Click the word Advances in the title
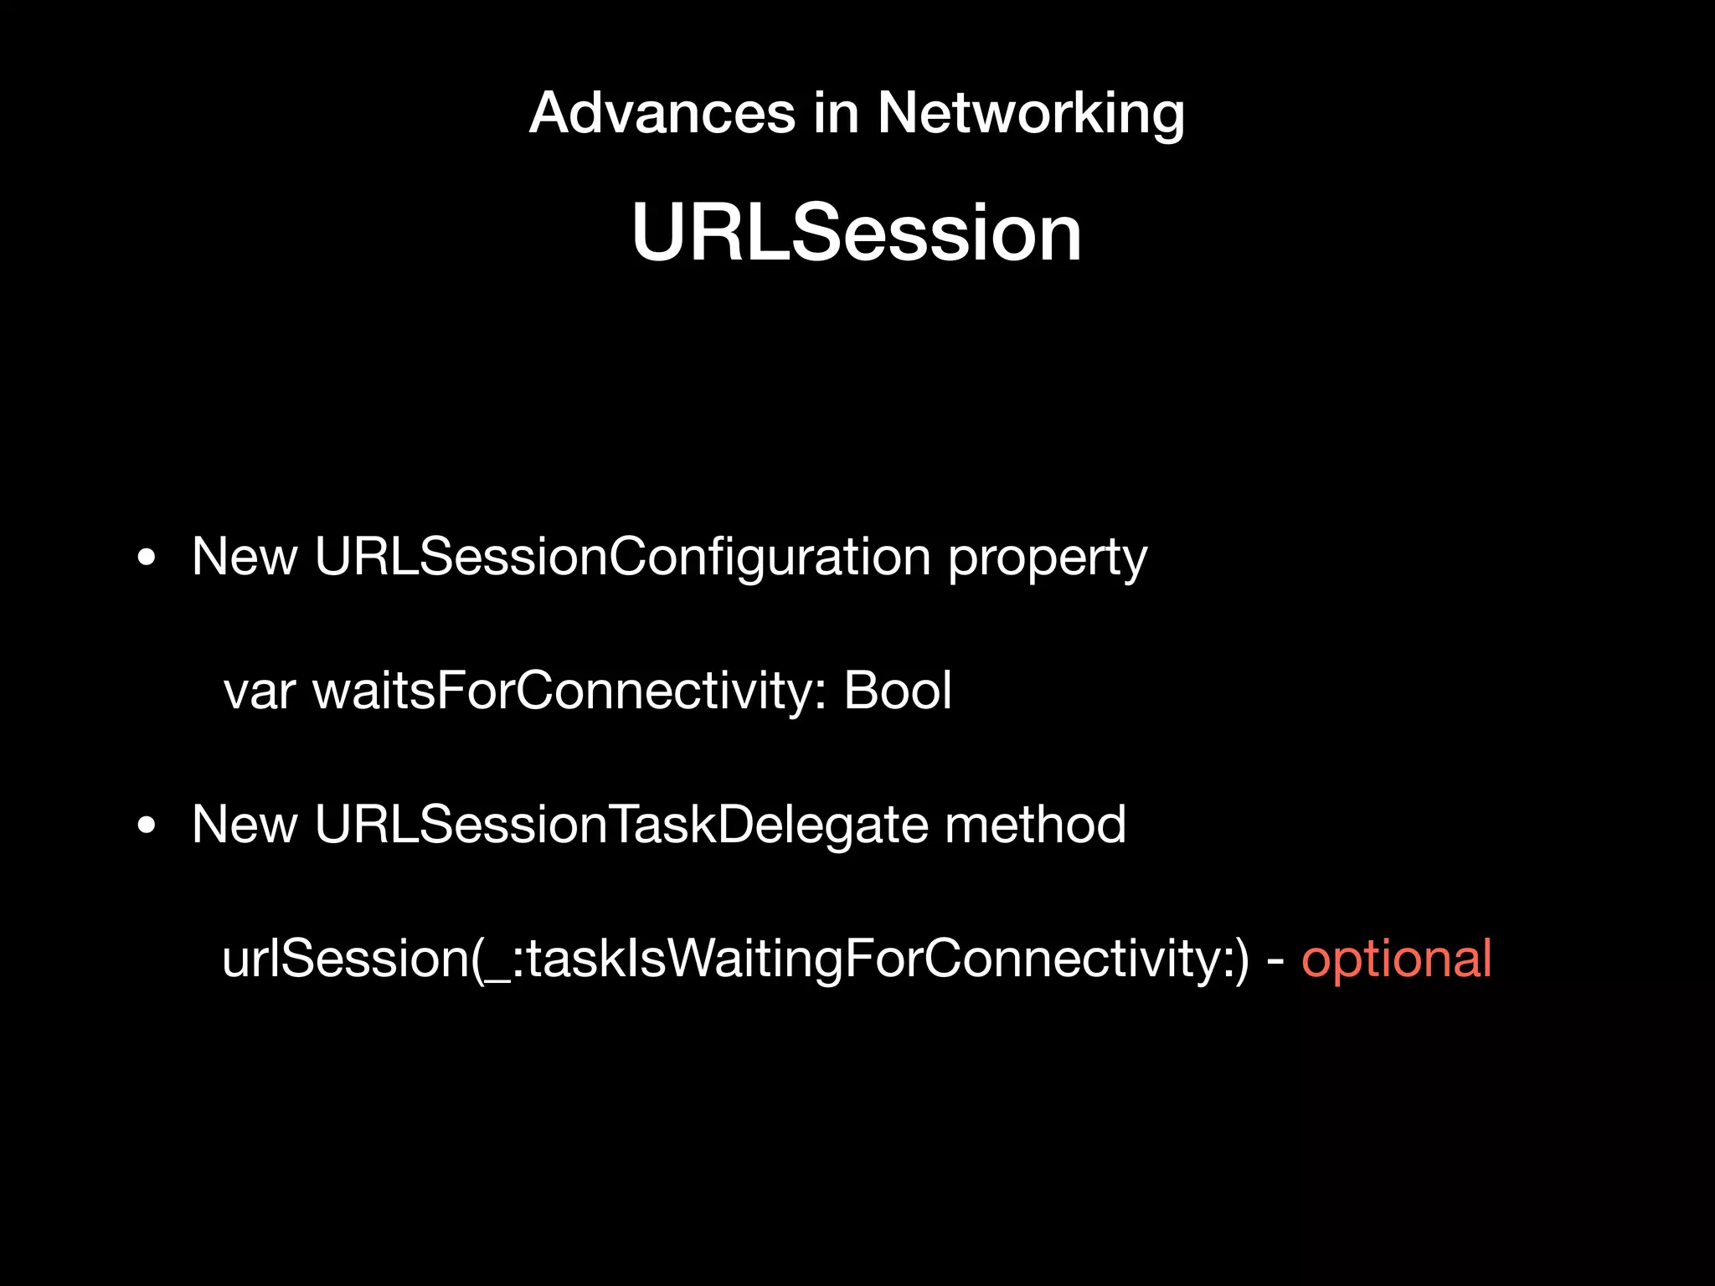(x=662, y=113)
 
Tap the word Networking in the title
(x=1031, y=113)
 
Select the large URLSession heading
(x=857, y=233)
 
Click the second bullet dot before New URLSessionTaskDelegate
(x=147, y=826)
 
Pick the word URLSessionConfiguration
(x=622, y=556)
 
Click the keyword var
(x=259, y=692)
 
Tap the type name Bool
(x=897, y=692)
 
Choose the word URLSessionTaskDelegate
(x=621, y=825)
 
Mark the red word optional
(x=1396, y=959)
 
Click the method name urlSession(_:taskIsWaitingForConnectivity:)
(x=735, y=959)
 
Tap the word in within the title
(x=836, y=113)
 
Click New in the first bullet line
(x=245, y=556)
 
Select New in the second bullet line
(x=245, y=825)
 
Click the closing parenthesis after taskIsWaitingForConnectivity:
(x=1241, y=959)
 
